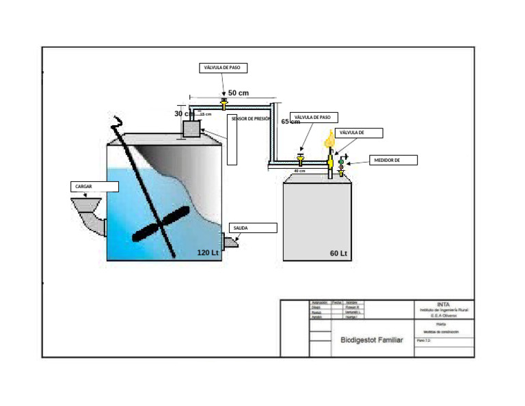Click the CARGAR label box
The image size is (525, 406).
click(x=94, y=187)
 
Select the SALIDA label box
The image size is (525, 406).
click(x=253, y=228)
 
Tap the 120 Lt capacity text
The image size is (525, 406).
click(x=207, y=253)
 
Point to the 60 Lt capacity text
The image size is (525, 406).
click(x=339, y=254)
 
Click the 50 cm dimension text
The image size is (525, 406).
click(x=238, y=92)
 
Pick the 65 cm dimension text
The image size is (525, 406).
click(x=291, y=122)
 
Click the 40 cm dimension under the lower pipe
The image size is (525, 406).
click(x=299, y=171)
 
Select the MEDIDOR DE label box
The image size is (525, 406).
click(x=393, y=160)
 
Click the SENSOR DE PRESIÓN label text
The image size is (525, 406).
click(x=251, y=118)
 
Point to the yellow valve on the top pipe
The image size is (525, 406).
click(x=224, y=103)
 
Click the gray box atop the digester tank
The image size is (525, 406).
click(x=191, y=128)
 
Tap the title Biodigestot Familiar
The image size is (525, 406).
click(x=372, y=340)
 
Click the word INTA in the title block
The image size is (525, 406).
click(x=444, y=304)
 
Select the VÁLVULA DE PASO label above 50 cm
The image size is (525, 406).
click(x=224, y=68)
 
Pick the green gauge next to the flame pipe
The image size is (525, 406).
click(x=341, y=162)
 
